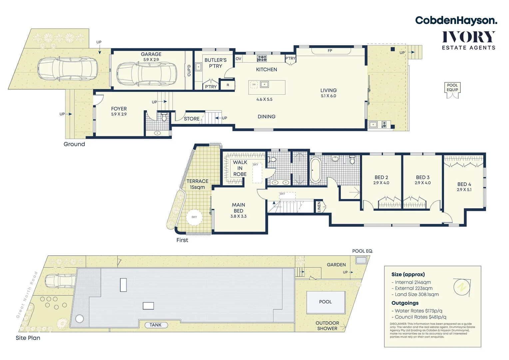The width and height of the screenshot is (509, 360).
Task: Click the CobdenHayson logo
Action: pyautogui.click(x=456, y=20)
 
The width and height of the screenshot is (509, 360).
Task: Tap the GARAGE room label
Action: pyautogui.click(x=151, y=54)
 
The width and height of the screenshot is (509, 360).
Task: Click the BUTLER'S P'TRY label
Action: pyautogui.click(x=215, y=63)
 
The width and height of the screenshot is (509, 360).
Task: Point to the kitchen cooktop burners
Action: pyautogui.click(x=262, y=59)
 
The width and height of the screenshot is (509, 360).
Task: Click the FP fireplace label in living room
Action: pyautogui.click(x=330, y=51)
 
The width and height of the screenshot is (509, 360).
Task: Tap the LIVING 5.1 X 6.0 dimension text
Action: pyautogui.click(x=328, y=96)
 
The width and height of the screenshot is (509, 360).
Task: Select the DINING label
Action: pyautogui.click(x=266, y=117)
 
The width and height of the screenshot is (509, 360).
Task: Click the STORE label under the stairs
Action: pyautogui.click(x=192, y=119)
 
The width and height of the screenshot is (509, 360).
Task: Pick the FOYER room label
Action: pyautogui.click(x=119, y=109)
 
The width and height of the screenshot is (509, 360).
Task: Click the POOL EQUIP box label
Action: pyautogui.click(x=452, y=87)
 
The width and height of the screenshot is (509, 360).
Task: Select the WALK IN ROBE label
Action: pyautogui.click(x=240, y=168)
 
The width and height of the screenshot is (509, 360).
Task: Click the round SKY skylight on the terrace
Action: pyautogui.click(x=194, y=217)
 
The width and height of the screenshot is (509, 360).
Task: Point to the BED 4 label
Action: pyautogui.click(x=464, y=184)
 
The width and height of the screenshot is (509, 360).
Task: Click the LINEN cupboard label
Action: pyautogui.click(x=319, y=207)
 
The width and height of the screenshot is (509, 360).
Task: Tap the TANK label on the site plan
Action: pyautogui.click(x=156, y=325)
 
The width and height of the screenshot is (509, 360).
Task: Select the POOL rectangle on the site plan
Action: pyautogui.click(x=325, y=302)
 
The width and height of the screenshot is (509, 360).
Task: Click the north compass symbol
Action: pyautogui.click(x=462, y=286)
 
